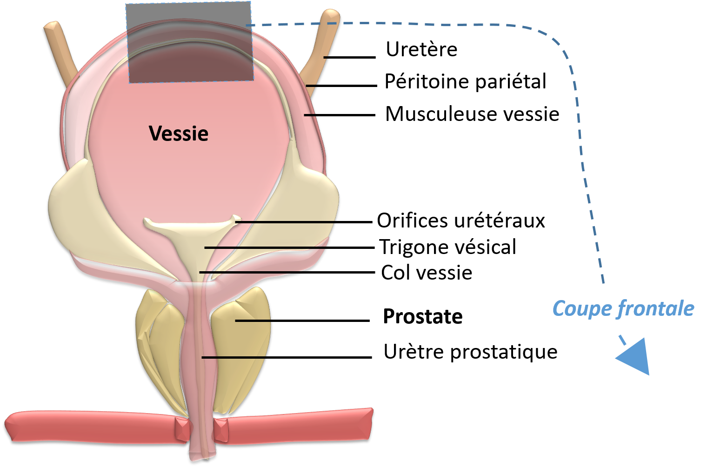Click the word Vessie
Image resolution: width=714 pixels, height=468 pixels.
point(179,134)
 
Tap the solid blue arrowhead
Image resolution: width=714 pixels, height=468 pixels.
point(635,356)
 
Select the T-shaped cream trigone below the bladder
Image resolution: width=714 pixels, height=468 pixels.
point(191,233)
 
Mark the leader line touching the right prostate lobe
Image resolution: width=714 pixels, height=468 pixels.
point(254,321)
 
